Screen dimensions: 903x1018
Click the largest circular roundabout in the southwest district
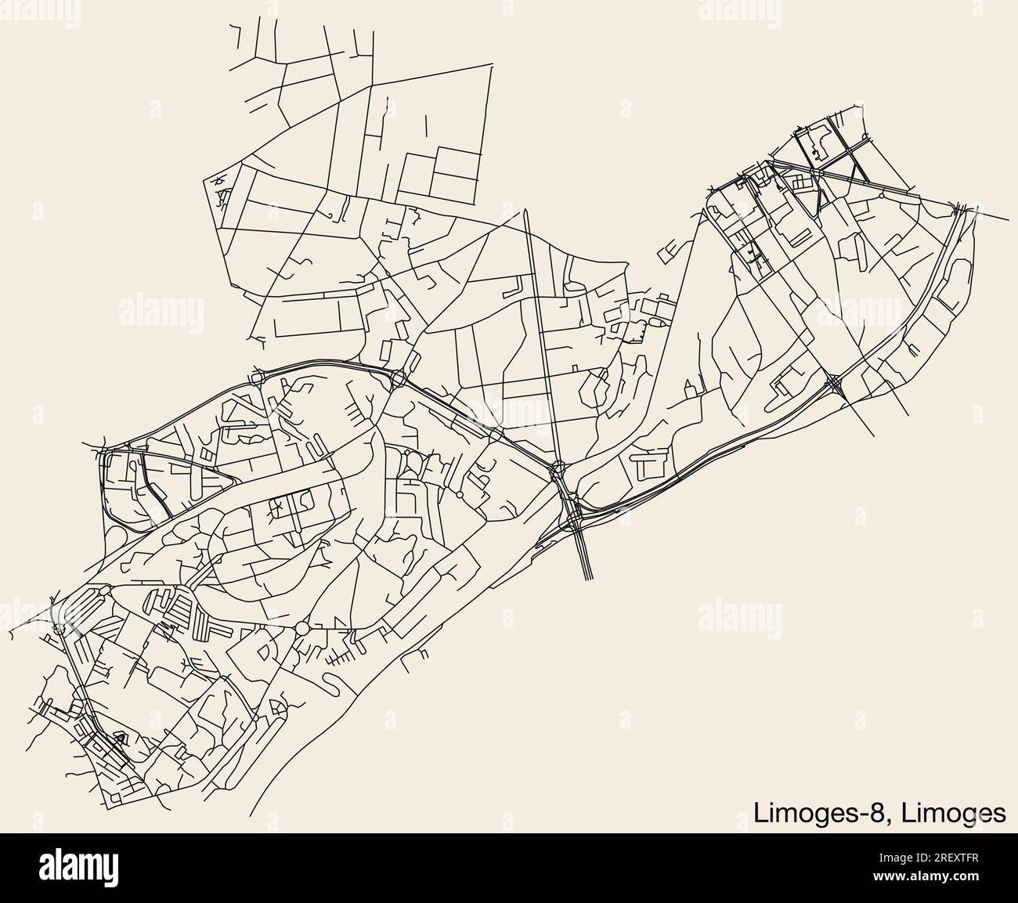[x=302, y=628]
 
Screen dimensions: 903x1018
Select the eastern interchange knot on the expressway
[x=835, y=383]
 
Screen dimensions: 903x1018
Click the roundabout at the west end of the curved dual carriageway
[x=257, y=378]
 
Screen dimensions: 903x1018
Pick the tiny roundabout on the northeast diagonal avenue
[x=883, y=197]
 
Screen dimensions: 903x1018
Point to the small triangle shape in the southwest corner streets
[x=121, y=736]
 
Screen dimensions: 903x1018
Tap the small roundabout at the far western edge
[x=59, y=629]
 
